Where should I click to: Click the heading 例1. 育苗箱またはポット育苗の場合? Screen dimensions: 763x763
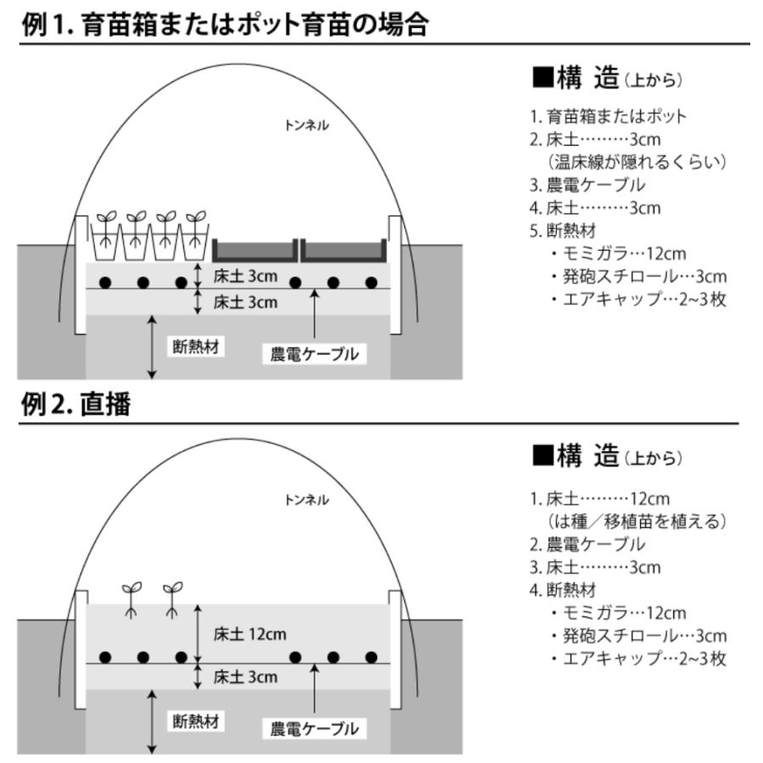pyautogui.click(x=224, y=24)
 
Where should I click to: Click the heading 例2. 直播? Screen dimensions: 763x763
pyautogui.click(x=75, y=404)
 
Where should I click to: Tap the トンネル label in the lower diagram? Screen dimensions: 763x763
pyautogui.click(x=307, y=500)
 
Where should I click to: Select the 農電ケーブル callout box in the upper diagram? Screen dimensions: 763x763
pyautogui.click(x=315, y=354)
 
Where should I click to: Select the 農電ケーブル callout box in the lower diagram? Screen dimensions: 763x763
pyautogui.click(x=315, y=727)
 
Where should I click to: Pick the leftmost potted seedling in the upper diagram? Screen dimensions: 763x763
pyautogui.click(x=105, y=235)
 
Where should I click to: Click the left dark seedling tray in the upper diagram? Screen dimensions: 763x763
pyautogui.click(x=254, y=251)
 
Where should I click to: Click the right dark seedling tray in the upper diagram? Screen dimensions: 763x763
pyautogui.click(x=344, y=251)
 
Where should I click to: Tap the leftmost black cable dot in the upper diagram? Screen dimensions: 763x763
pyautogui.click(x=105, y=282)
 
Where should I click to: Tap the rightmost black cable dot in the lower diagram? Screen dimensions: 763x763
pyautogui.click(x=370, y=657)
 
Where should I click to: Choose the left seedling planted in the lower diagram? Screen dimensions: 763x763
pyautogui.click(x=132, y=599)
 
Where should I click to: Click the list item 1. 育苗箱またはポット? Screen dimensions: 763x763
pyautogui.click(x=607, y=116)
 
